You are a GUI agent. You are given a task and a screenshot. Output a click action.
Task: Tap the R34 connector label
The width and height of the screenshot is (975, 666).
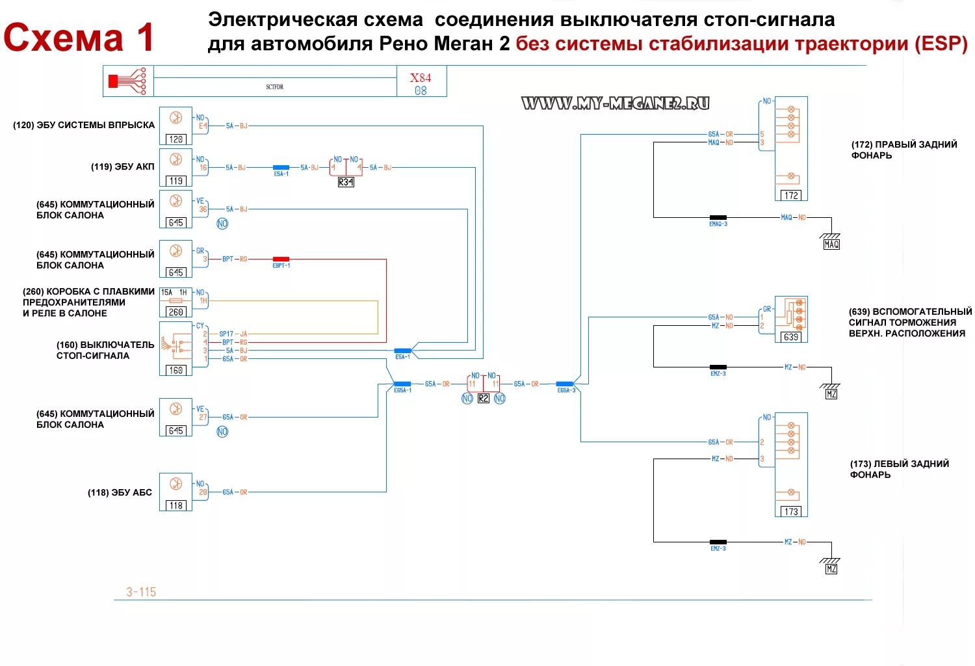(346, 182)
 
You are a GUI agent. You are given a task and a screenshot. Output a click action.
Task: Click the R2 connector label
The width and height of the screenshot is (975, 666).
(483, 399)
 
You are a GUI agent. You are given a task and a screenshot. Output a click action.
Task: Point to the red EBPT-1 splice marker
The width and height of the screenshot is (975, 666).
(281, 259)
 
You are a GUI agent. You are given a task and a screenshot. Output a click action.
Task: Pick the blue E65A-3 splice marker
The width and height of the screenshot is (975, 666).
(564, 384)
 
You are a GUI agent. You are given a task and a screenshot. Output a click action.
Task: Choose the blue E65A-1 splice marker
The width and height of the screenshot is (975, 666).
(402, 384)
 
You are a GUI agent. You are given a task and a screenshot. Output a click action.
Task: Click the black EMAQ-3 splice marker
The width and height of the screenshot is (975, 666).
(718, 217)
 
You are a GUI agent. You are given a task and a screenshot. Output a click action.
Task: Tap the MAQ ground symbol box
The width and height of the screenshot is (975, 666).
(831, 245)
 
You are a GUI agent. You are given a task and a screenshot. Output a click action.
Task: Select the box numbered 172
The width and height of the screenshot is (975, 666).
(791, 195)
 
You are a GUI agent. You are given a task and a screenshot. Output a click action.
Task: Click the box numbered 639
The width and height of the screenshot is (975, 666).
(791, 337)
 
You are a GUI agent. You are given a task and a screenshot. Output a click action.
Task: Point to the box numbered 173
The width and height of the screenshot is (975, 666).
(791, 512)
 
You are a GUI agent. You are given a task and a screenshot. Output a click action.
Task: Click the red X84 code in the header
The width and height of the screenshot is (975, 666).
(421, 77)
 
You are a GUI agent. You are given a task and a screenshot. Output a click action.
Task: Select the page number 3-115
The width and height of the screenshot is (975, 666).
(141, 592)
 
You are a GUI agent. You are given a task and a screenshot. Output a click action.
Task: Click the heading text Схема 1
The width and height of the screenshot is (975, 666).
(79, 38)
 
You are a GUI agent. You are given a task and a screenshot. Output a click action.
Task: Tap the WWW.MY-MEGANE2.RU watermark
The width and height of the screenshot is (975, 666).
(615, 103)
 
